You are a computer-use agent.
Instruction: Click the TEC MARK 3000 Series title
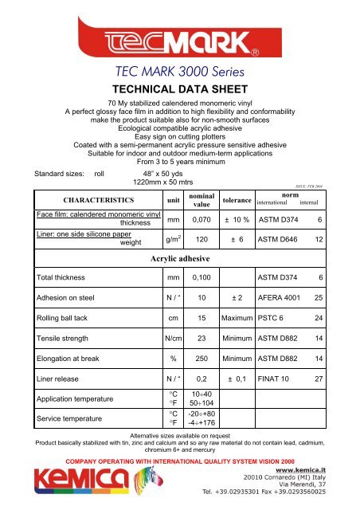point(180,74)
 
